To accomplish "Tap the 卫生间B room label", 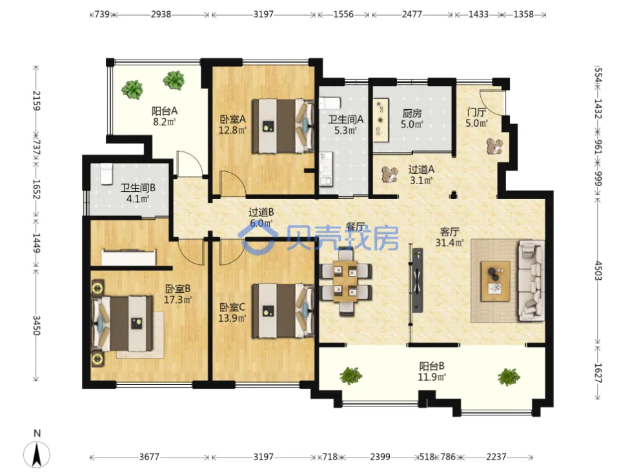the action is [x=138, y=188].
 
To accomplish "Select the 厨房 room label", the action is [x=412, y=114].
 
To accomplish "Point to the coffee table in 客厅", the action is [x=495, y=281].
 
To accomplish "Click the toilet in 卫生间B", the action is [x=107, y=173].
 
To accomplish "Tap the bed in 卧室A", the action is [x=283, y=126].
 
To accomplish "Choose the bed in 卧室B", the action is [x=122, y=324].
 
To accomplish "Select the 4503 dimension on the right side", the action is [x=598, y=271].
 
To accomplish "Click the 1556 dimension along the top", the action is [x=343, y=14].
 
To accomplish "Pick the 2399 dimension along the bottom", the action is [x=380, y=457].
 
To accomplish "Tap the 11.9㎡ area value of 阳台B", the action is [x=432, y=377].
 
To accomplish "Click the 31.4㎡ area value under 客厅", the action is [x=450, y=242].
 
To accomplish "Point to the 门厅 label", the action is [x=476, y=112].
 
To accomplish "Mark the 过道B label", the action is [x=261, y=212].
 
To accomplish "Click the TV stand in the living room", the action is [x=418, y=280].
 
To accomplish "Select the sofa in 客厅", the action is [x=531, y=280].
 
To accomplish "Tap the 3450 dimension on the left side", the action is [x=36, y=326].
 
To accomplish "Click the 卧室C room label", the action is [x=232, y=308].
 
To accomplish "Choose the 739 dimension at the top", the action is [x=102, y=14].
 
